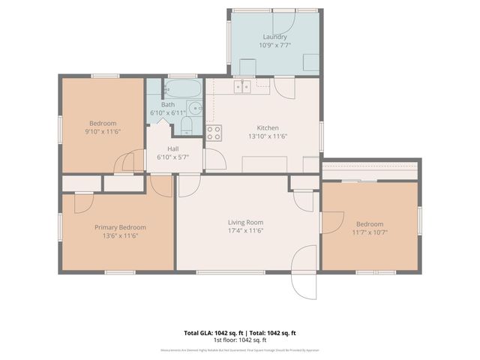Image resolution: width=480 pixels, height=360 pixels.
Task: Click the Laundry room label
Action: (x=274, y=37)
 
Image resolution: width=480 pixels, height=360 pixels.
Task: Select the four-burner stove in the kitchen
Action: (x=214, y=133)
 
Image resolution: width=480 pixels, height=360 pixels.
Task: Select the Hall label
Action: (x=172, y=148)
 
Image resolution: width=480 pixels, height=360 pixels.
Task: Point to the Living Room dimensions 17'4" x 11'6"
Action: (x=246, y=231)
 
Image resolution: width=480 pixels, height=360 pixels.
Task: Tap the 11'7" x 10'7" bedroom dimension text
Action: (x=369, y=232)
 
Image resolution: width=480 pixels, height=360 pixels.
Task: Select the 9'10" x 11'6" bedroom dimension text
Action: (x=103, y=132)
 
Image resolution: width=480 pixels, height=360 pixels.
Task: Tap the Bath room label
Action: (x=167, y=104)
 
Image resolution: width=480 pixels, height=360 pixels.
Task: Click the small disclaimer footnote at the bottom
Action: (x=240, y=349)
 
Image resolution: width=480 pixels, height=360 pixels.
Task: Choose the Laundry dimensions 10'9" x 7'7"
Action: (x=274, y=45)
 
